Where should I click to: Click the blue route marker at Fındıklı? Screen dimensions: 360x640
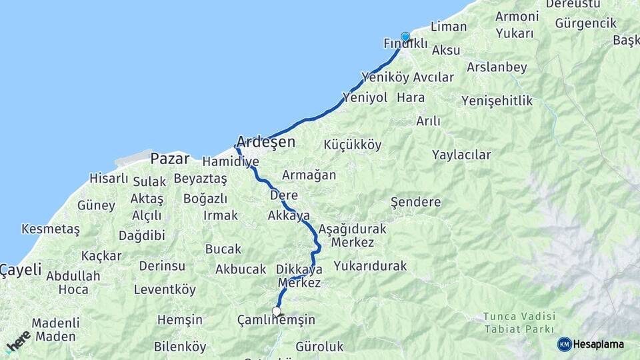pyautogui.click(x=405, y=37)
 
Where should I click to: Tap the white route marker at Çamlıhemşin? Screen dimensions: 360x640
pyautogui.click(x=277, y=311)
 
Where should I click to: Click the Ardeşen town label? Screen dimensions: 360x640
pyautogui.click(x=265, y=142)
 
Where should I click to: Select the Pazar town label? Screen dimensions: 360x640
pyautogui.click(x=169, y=159)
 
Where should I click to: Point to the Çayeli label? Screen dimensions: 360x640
pyautogui.click(x=21, y=270)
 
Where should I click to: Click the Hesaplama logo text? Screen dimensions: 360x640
pyautogui.click(x=599, y=344)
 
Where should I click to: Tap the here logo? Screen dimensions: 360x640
pyautogui.click(x=18, y=341)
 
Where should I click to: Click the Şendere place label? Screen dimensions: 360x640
pyautogui.click(x=416, y=202)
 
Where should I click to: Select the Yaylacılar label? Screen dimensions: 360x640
pyautogui.click(x=461, y=155)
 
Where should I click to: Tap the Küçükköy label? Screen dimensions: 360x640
pyautogui.click(x=353, y=145)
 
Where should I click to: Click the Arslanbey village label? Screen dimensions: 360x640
pyautogui.click(x=497, y=67)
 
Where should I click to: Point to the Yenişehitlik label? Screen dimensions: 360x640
pyautogui.click(x=497, y=101)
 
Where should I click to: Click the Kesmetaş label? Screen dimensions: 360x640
pyautogui.click(x=51, y=229)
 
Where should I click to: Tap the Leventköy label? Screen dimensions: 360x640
pyautogui.click(x=165, y=289)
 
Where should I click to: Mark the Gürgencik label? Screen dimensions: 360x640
pyautogui.click(x=585, y=23)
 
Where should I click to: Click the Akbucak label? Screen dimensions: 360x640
pyautogui.click(x=241, y=269)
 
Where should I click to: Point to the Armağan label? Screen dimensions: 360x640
pyautogui.click(x=309, y=175)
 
